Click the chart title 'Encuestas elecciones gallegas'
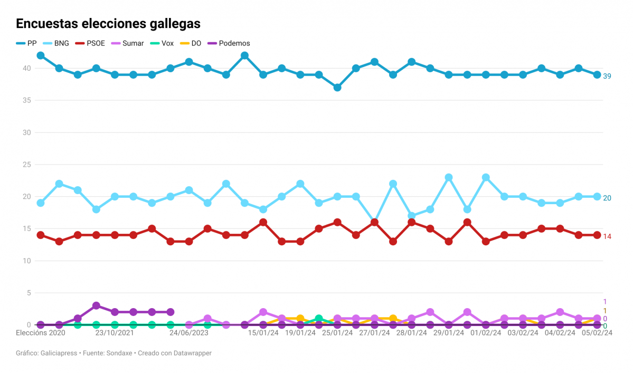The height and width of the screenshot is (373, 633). (x=108, y=24)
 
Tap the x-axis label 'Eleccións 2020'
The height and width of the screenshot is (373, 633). (x=41, y=333)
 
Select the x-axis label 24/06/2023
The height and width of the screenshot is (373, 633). (x=188, y=333)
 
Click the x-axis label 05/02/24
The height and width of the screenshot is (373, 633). (x=597, y=333)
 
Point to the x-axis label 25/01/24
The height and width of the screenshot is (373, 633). (x=337, y=333)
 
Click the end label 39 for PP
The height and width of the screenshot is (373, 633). (x=607, y=76)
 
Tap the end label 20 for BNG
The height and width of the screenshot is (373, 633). (x=607, y=198)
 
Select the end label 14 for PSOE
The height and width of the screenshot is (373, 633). (x=607, y=236)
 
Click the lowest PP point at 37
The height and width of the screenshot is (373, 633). (x=337, y=88)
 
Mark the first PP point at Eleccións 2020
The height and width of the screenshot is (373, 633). (x=41, y=55)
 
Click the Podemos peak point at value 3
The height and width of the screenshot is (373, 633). (x=96, y=305)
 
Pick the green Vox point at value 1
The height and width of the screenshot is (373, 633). (x=319, y=319)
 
